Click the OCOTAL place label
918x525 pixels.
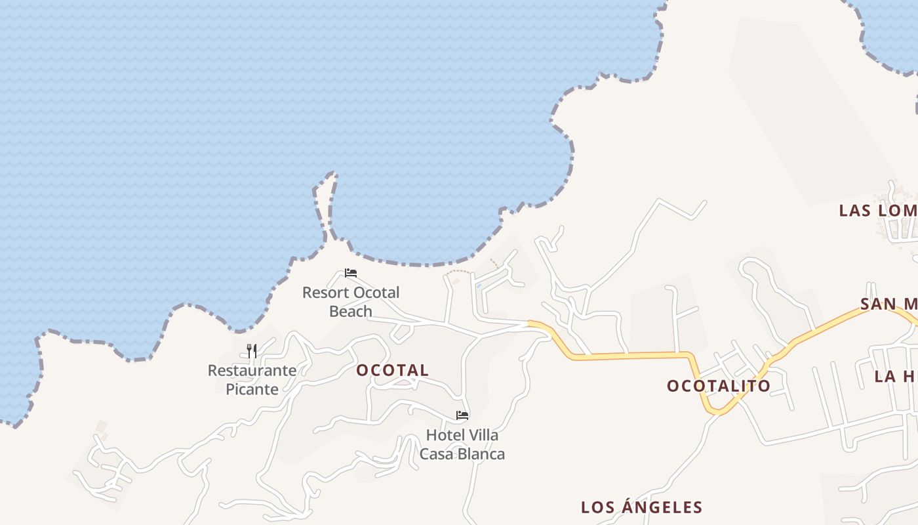tap(392, 370)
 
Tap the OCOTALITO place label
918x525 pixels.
tap(719, 386)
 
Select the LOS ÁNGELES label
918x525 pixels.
tap(641, 507)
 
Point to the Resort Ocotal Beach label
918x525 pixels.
tap(351, 301)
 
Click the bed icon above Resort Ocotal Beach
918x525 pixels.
tap(351, 273)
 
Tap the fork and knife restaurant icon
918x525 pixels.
tap(252, 350)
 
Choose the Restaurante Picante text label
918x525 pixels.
tap(252, 379)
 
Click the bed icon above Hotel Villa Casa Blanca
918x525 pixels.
tap(462, 415)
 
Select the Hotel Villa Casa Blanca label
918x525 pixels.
tap(462, 444)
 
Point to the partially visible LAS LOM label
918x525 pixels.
tap(878, 211)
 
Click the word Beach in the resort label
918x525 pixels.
tap(351, 311)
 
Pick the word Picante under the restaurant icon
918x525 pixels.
tap(252, 389)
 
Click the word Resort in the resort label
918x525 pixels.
tap(325, 292)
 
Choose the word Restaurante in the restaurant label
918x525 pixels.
tap(252, 370)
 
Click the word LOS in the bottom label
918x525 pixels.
tap(596, 507)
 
